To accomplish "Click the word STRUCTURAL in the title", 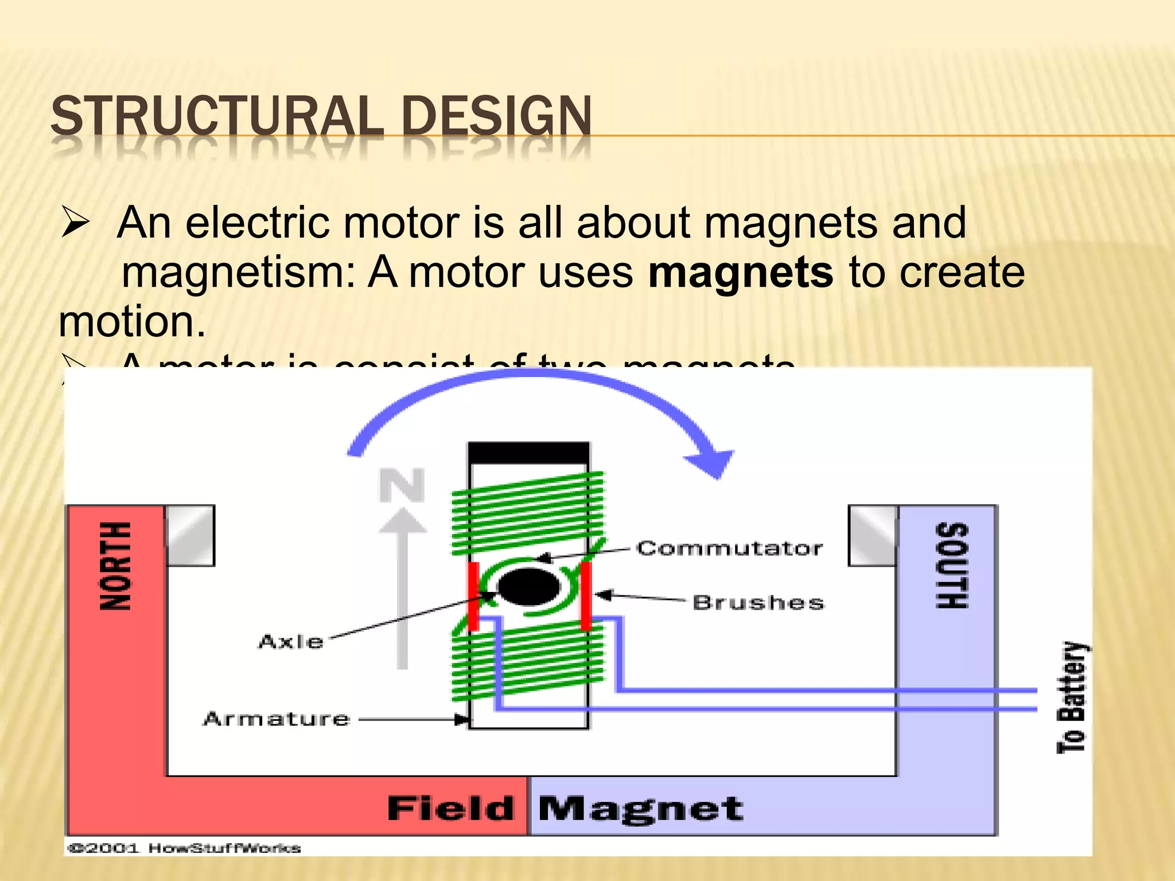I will coord(217,116).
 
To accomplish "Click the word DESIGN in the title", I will coord(496,116).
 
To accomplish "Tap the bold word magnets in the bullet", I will coord(740,272).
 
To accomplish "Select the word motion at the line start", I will coord(131,321).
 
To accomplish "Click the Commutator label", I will coord(729,548).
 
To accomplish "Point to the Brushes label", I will coord(758,602).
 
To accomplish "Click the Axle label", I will coord(291,641).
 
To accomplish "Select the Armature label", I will coord(276,719).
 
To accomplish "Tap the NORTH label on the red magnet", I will coord(116,566).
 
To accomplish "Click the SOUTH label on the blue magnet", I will coord(952,566).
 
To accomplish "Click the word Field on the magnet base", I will coord(450,809).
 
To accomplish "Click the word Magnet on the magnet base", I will coord(640,809).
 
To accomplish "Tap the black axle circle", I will coord(528,587).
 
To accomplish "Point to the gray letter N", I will coord(402,485).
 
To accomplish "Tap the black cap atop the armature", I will coord(528,453).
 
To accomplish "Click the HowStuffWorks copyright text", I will coord(184,848).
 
